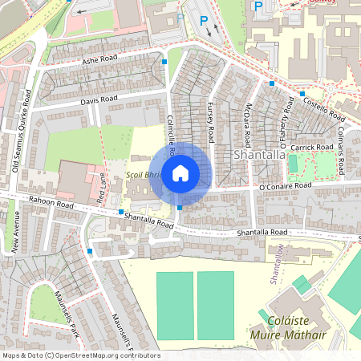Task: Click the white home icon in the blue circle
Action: [180, 173]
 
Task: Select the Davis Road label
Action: [99, 99]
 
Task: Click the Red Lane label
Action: [102, 185]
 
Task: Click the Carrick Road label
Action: [312, 148]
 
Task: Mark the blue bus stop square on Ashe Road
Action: [164, 61]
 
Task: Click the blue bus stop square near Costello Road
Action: [302, 94]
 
